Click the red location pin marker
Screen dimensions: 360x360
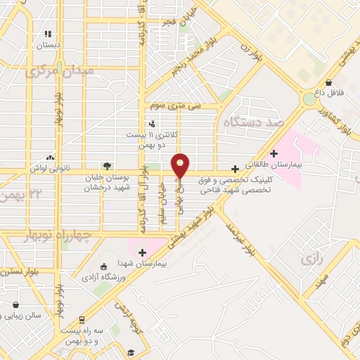coord(181,165)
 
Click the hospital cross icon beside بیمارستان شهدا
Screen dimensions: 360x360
coord(143,252)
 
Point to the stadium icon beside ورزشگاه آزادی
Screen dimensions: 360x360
coord(104,266)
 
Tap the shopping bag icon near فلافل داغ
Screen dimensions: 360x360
coord(329,82)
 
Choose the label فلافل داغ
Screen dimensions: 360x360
coord(328,92)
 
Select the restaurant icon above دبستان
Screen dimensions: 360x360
coord(49,33)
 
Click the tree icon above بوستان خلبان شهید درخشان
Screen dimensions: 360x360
coord(107,166)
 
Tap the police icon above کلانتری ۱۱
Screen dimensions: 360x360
coord(153,124)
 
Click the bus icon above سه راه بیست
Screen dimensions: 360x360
coord(82,319)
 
